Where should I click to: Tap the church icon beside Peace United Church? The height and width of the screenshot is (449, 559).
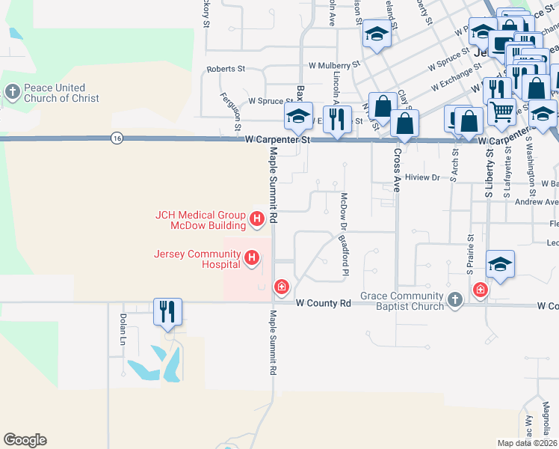coord(12,92)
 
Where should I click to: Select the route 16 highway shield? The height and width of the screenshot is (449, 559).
coord(117,138)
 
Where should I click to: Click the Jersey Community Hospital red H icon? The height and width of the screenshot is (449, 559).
coord(253,259)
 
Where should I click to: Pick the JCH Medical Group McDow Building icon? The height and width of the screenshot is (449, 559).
coord(257,219)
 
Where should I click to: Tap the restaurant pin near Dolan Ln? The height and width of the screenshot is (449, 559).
coord(168,311)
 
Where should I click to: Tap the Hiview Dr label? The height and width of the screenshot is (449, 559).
coord(424,177)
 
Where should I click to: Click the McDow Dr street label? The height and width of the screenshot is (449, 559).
coord(345,213)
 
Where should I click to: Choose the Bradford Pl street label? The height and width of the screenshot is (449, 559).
coord(345,254)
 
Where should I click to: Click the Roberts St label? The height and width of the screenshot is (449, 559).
coord(226,69)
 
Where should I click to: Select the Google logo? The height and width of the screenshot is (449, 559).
coord(25,440)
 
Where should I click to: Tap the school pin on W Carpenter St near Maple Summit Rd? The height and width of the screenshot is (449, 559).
coord(297,117)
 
